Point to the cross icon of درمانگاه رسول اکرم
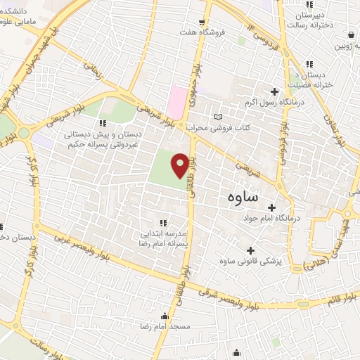click(x=274, y=91)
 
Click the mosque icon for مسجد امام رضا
click(x=165, y=316)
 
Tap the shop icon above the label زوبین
click(x=350, y=34)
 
